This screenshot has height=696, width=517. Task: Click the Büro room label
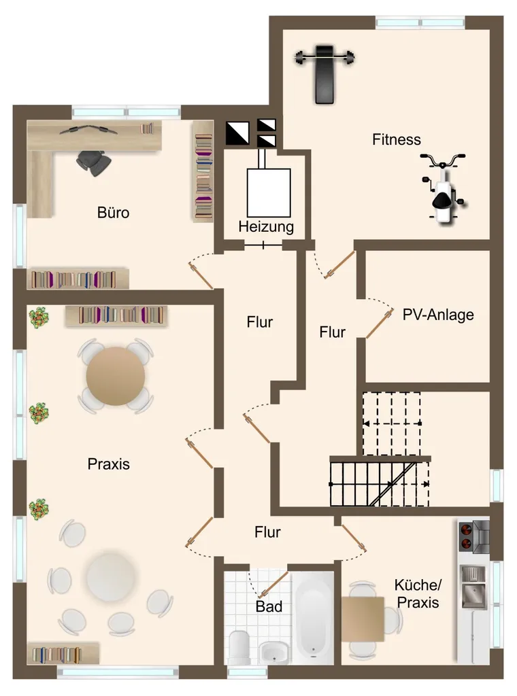113,213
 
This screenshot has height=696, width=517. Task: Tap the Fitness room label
396,139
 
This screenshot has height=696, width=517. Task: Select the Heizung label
266,227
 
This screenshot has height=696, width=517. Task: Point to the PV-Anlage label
438,315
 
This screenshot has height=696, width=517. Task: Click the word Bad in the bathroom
269,606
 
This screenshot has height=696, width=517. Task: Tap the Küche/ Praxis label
418,593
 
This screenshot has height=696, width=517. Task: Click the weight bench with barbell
324,73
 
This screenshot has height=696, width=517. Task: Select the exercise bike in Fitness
443,188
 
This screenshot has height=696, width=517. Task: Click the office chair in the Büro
93,162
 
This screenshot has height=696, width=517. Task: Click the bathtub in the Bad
313,618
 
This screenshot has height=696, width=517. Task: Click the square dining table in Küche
363,619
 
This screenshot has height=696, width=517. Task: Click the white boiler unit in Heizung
269,192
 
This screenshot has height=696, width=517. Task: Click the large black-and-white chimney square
237,133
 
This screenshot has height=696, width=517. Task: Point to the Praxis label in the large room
109,464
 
